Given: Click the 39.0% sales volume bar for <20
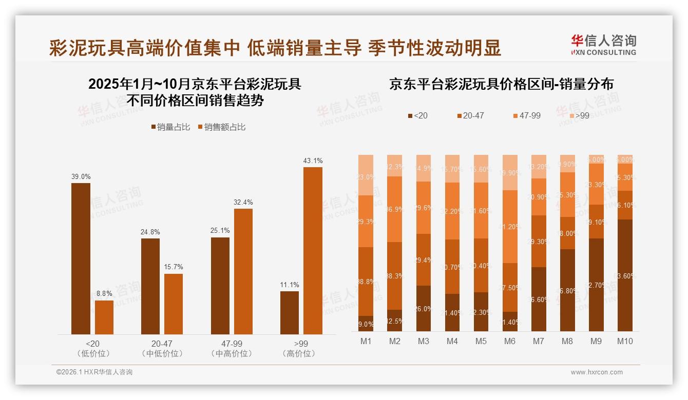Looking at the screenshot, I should click(x=81, y=258).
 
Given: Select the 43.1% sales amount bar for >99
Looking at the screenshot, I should click(x=313, y=251).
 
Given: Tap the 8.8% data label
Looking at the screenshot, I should click(x=104, y=294).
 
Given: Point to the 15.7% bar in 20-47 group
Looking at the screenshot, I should click(x=174, y=304).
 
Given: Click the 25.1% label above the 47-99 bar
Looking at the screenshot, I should click(x=220, y=231).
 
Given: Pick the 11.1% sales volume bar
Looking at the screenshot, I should click(x=290, y=313).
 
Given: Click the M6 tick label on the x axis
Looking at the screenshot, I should click(x=509, y=341).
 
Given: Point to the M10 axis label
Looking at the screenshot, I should click(x=624, y=341).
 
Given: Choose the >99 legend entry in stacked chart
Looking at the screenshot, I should click(x=579, y=116).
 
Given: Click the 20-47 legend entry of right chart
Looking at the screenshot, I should click(x=469, y=116).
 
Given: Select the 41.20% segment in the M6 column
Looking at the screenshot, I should click(x=509, y=227).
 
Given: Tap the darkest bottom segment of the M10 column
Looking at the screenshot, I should click(x=624, y=275).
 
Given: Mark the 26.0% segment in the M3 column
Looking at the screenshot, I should click(x=423, y=308).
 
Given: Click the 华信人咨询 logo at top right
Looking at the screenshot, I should click(x=603, y=45).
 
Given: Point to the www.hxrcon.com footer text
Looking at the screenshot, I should click(x=597, y=372).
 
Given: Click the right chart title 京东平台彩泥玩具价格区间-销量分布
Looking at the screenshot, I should click(x=501, y=84).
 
